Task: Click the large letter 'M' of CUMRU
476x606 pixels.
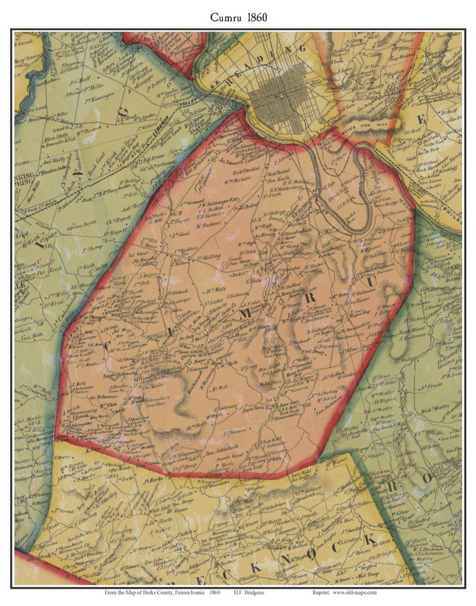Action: point(246,315)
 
